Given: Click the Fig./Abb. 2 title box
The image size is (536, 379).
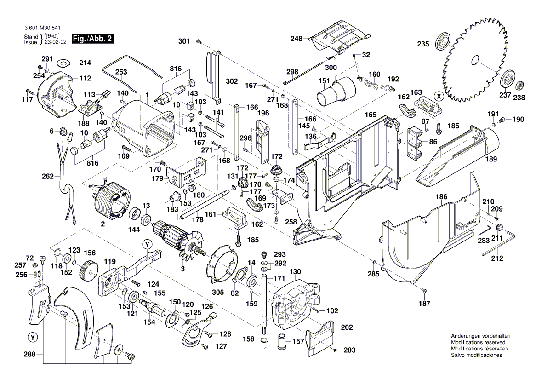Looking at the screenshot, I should point(92,39).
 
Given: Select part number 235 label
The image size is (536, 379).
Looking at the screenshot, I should point(423,44).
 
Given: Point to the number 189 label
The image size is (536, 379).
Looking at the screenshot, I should point(491,161).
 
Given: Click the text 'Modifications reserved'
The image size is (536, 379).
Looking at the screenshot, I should point(478,343).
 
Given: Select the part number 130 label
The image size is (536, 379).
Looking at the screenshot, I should point(295,271).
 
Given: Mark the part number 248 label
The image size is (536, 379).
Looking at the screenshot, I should point(296,39).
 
